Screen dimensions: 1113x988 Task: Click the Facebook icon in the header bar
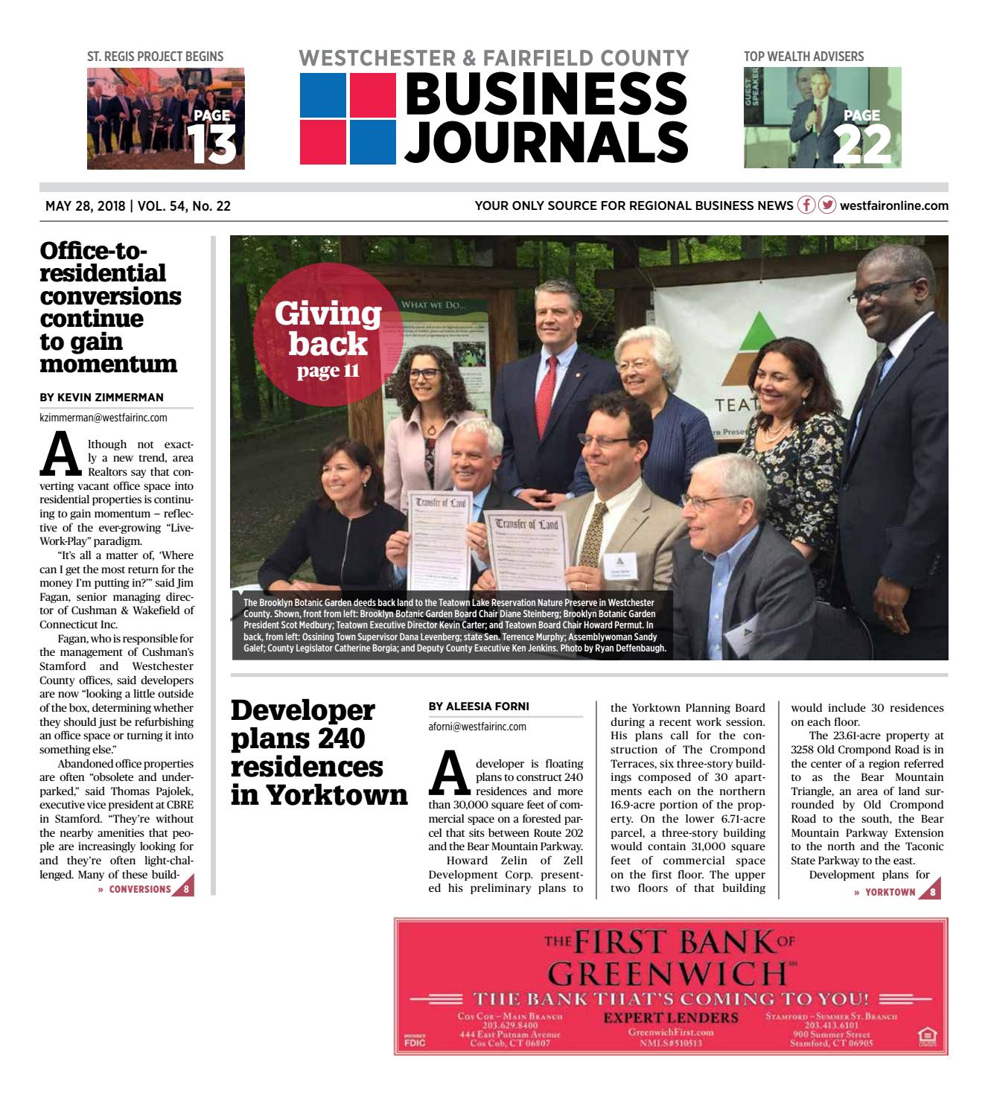pyautogui.click(x=806, y=205)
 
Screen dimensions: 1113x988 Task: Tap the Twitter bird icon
pyautogui.click(x=827, y=205)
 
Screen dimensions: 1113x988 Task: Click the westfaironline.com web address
pyautogui.click(x=894, y=206)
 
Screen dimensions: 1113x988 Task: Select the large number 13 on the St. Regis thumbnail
pyautogui.click(x=211, y=144)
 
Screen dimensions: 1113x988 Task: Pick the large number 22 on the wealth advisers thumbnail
pyautogui.click(x=861, y=144)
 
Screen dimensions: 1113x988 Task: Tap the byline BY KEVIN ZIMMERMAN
pyautogui.click(x=101, y=398)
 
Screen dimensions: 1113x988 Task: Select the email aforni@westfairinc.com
pyautogui.click(x=477, y=727)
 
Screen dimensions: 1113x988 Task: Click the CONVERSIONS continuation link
pyautogui.click(x=140, y=889)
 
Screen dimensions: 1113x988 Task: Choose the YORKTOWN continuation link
pyautogui.click(x=890, y=892)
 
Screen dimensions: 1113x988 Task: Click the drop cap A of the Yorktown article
pyautogui.click(x=449, y=774)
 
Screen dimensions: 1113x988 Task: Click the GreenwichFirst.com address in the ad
pyautogui.click(x=670, y=1032)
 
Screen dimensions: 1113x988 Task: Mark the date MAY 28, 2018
pyautogui.click(x=85, y=206)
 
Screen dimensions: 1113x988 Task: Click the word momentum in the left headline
pyautogui.click(x=109, y=364)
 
